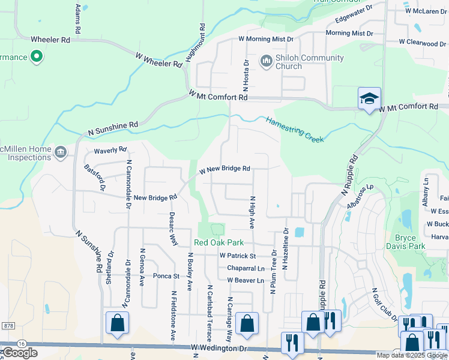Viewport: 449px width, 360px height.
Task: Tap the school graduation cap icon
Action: tap(369, 99)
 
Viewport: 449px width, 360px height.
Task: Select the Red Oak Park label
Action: tap(218, 242)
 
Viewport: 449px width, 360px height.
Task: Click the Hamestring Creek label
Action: tap(295, 129)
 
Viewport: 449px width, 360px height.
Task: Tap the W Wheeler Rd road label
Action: tap(159, 59)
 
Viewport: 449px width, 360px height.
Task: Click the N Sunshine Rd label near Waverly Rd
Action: tap(113, 127)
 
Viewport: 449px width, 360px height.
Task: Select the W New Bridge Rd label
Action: tap(224, 170)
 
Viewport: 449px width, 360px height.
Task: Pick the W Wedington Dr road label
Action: tap(219, 348)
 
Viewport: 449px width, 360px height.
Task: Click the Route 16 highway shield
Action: tap(22, 343)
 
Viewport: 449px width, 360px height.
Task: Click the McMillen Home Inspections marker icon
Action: tap(60, 152)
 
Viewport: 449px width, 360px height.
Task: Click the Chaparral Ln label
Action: tap(245, 268)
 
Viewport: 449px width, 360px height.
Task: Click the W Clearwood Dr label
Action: tap(423, 43)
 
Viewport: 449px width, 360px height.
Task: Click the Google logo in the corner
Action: tap(20, 353)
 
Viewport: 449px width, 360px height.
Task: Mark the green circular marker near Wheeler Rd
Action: tap(37, 57)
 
